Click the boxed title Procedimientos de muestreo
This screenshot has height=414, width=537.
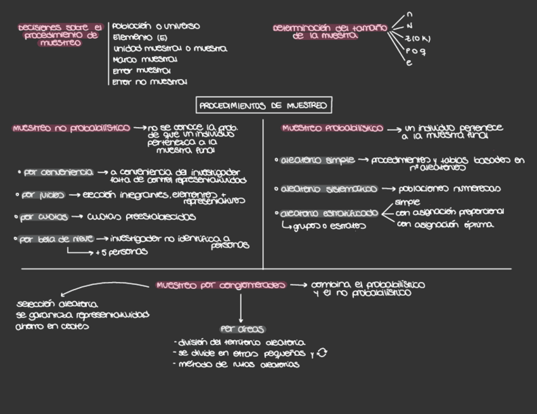click(x=263, y=106)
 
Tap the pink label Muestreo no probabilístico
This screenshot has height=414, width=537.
click(x=71, y=128)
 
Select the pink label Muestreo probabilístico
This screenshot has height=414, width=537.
click(x=332, y=128)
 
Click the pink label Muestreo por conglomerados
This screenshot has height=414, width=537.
click(x=221, y=285)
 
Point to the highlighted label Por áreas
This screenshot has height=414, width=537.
click(x=242, y=329)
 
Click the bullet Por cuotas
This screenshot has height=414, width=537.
click(x=44, y=217)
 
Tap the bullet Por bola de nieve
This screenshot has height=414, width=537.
click(x=56, y=239)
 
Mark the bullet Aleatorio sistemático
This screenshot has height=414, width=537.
click(x=329, y=188)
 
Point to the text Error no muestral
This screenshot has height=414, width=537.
click(x=149, y=82)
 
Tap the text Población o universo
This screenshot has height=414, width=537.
click(x=156, y=27)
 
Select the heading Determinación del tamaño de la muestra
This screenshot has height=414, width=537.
click(x=329, y=32)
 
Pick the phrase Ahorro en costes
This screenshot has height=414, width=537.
click(x=53, y=327)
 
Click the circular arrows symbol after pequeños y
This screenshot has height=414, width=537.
click(x=322, y=353)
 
